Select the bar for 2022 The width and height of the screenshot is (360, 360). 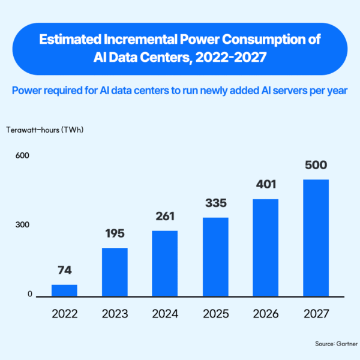coord(64,290)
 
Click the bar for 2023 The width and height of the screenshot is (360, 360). coord(115,272)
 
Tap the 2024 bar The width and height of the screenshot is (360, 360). coord(165,263)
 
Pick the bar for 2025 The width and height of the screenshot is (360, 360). coord(215,257)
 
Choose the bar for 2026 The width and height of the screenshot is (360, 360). coord(266,248)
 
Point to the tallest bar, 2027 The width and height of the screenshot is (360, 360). coord(316,238)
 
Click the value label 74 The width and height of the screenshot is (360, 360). coord(65,270)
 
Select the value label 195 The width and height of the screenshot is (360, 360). coord(115,233)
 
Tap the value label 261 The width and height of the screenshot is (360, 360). coord(165,216)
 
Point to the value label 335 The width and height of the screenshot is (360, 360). coord(216,203)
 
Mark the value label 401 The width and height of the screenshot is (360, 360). coord(266,184)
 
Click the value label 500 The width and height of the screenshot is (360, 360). coord(316,165)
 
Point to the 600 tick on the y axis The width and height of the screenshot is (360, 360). coord(22,155)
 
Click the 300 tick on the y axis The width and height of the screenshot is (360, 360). coord(22,225)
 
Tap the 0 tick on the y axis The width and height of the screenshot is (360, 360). coord(30,294)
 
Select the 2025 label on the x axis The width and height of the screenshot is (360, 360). coord(216,314)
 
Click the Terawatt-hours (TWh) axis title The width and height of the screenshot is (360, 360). coord(45,130)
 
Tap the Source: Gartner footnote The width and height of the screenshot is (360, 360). coord(337,344)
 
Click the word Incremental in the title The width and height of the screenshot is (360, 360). coord(141,39)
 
